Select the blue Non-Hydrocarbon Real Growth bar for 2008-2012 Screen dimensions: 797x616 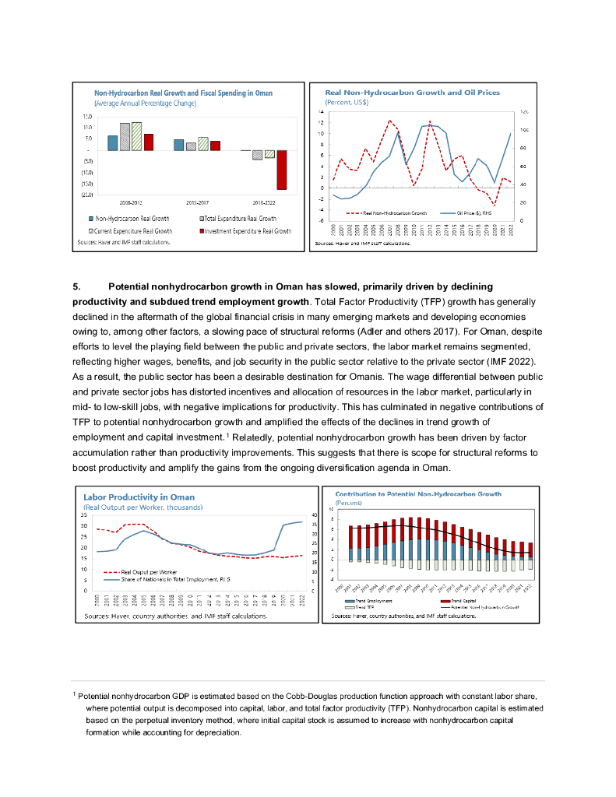[112, 142]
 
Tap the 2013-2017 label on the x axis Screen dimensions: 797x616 [190, 201]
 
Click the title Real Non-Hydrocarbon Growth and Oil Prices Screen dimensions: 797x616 [412, 93]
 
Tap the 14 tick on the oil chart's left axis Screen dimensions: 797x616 [321, 112]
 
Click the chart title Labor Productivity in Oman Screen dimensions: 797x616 [139, 497]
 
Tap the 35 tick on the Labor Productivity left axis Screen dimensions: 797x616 [84, 515]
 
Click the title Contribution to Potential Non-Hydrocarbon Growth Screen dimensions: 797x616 [418, 494]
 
